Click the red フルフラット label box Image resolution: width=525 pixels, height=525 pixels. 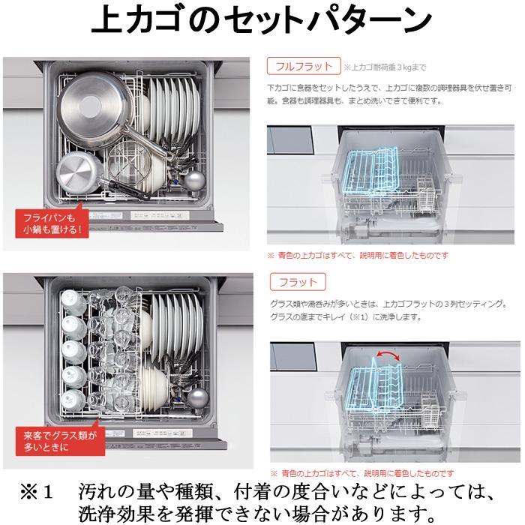(303, 66)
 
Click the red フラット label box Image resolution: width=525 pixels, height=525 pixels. (297, 283)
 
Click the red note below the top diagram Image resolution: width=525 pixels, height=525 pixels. (358, 256)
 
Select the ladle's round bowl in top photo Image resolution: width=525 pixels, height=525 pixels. (195, 180)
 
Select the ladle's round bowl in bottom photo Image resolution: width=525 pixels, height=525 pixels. (196, 397)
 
